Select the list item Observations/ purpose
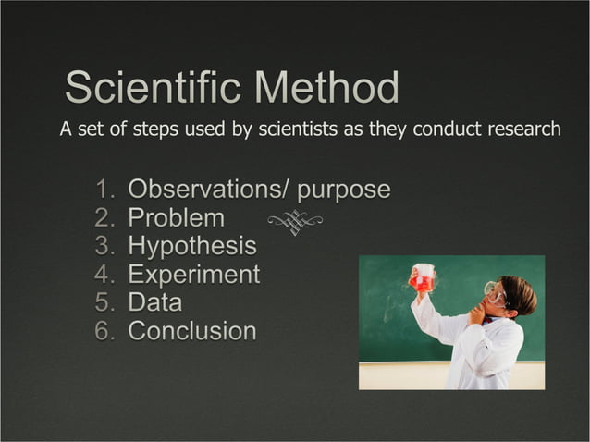click(x=259, y=190)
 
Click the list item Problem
click(x=176, y=218)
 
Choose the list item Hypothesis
click(x=192, y=247)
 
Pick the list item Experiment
click(x=193, y=275)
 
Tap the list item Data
click(x=154, y=302)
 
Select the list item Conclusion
click(x=192, y=330)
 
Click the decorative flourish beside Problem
click(x=295, y=221)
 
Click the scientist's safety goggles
click(x=496, y=294)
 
